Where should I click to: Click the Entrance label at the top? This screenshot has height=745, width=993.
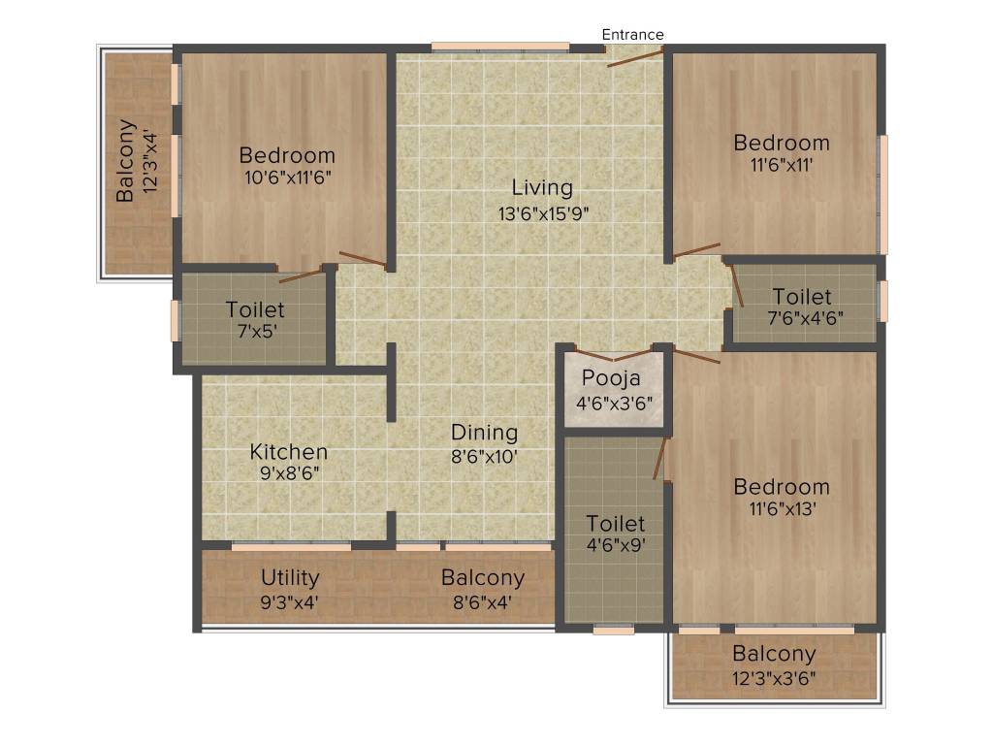click(x=632, y=35)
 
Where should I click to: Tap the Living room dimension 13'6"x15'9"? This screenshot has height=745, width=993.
click(x=542, y=213)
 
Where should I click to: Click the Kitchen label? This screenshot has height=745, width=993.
click(x=289, y=452)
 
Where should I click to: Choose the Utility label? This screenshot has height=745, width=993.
click(x=290, y=578)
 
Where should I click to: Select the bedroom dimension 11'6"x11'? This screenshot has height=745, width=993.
click(x=781, y=165)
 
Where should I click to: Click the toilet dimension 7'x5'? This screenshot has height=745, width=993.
click(x=255, y=332)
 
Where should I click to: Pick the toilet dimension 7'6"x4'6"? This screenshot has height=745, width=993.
click(x=802, y=318)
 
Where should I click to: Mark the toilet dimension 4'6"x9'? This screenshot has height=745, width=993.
click(x=615, y=545)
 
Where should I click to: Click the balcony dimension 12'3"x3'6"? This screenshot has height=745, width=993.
click(x=774, y=677)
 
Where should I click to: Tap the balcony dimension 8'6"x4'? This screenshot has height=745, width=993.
click(x=483, y=601)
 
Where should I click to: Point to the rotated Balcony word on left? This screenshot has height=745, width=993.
click(x=126, y=160)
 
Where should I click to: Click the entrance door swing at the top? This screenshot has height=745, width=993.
click(x=635, y=57)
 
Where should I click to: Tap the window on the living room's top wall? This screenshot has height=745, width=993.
click(x=500, y=46)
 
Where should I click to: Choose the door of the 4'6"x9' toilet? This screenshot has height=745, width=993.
click(x=662, y=458)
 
